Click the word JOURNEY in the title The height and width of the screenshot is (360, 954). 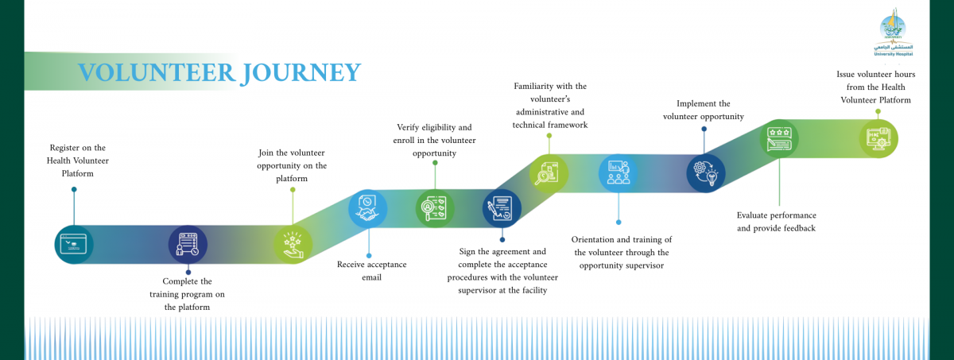pyautogui.click(x=299, y=72)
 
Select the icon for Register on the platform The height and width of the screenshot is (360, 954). pyautogui.click(x=74, y=244)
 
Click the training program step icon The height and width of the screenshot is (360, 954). pyautogui.click(x=188, y=245)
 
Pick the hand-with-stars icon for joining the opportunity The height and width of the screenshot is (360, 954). pyautogui.click(x=293, y=244)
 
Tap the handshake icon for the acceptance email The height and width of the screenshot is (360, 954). pyautogui.click(x=367, y=208)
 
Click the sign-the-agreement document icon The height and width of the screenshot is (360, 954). pyautogui.click(x=502, y=209)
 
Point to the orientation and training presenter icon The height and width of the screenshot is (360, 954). pyautogui.click(x=618, y=173)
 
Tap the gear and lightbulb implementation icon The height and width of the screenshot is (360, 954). pyautogui.click(x=705, y=173)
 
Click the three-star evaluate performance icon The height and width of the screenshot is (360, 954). pyautogui.click(x=779, y=138)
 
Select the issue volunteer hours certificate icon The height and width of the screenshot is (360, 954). pyautogui.click(x=878, y=138)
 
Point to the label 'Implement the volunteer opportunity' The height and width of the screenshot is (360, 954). pyautogui.click(x=704, y=110)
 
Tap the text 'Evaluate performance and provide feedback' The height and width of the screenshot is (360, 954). pyautogui.click(x=777, y=222)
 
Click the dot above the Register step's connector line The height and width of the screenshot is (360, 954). pyautogui.click(x=74, y=189)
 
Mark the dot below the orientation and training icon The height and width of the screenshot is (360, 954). pyautogui.click(x=619, y=223)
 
